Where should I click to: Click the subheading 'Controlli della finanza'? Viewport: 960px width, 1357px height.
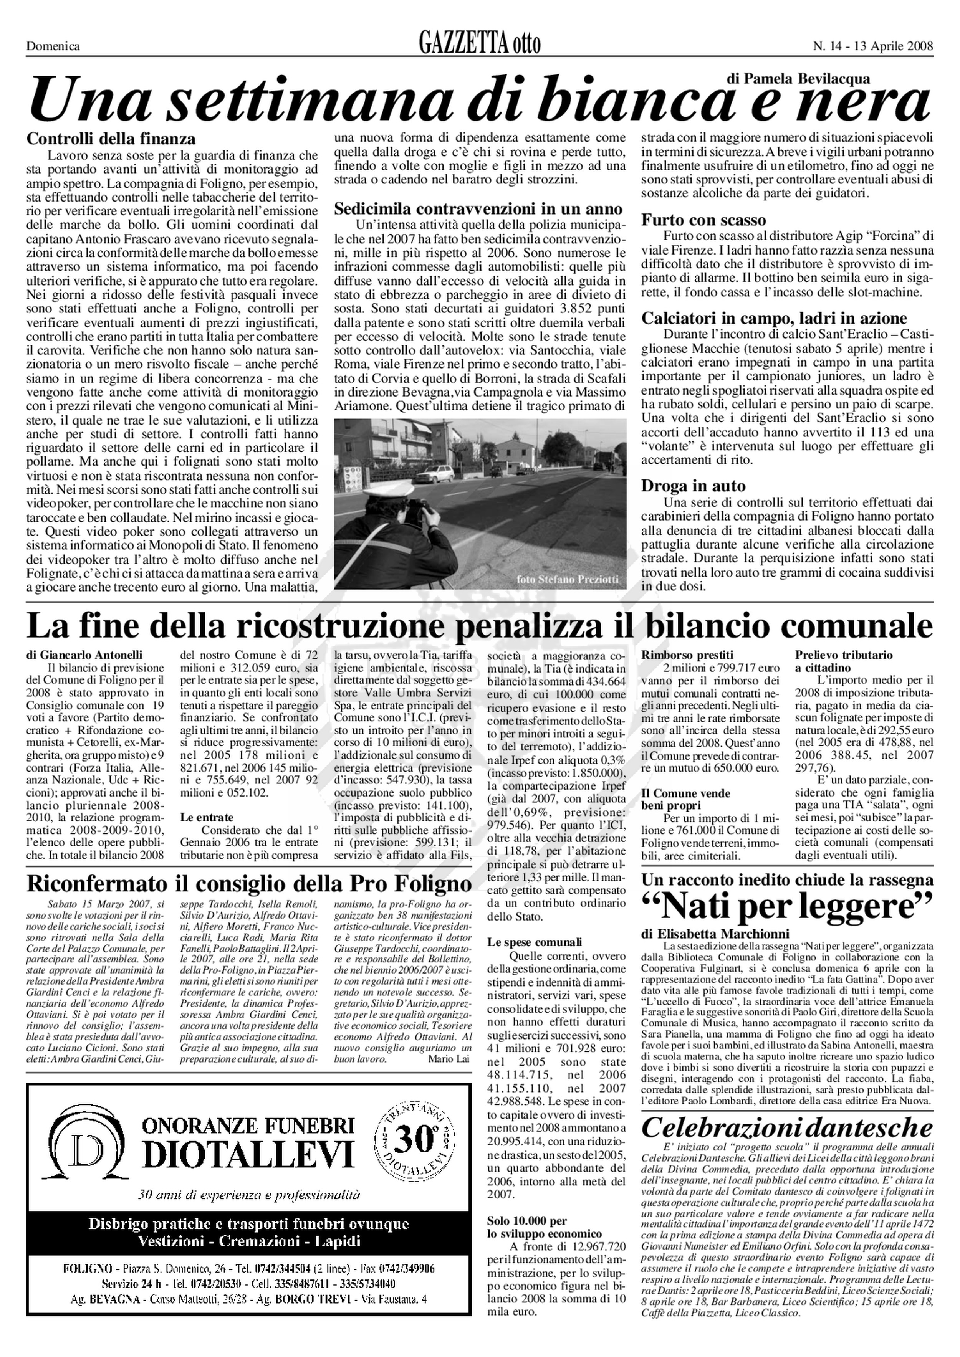pos(111,139)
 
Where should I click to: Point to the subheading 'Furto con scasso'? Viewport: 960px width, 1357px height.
pos(703,220)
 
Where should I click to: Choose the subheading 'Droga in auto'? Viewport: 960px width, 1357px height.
pos(694,486)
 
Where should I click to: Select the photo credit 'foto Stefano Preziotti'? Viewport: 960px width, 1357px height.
pos(568,579)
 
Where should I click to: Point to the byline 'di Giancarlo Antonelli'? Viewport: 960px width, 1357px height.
pos(84,655)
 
